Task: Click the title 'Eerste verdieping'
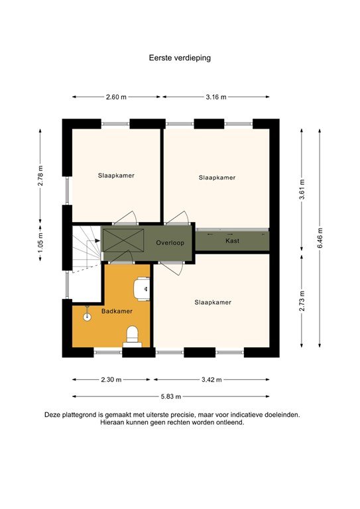180,58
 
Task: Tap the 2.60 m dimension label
117,97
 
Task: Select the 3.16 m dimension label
215,97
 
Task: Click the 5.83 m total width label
171,396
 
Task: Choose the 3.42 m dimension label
211,380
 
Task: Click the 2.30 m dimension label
112,380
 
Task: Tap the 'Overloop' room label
170,243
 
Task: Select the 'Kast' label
232,241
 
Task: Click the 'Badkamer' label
117,310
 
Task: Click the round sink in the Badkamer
87,317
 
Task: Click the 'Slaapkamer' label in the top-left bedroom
116,176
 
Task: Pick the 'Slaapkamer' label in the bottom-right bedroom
213,302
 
